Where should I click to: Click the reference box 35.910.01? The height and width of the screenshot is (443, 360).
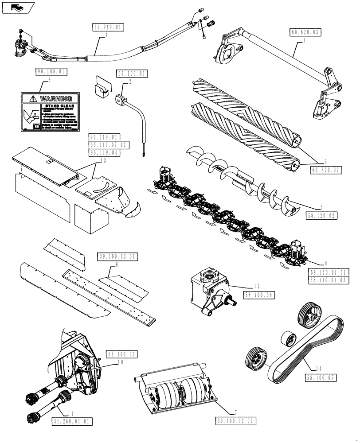[108, 27]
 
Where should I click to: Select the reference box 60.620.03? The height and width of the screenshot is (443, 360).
[305, 32]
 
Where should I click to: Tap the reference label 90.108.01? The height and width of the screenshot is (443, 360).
[50, 71]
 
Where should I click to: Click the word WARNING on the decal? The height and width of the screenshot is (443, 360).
[56, 99]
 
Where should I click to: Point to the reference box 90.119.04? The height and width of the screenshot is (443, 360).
[107, 152]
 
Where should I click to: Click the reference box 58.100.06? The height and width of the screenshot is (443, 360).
[259, 293]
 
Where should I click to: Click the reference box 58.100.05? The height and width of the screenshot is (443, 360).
[321, 377]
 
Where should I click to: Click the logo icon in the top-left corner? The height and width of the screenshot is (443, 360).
[18, 7]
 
